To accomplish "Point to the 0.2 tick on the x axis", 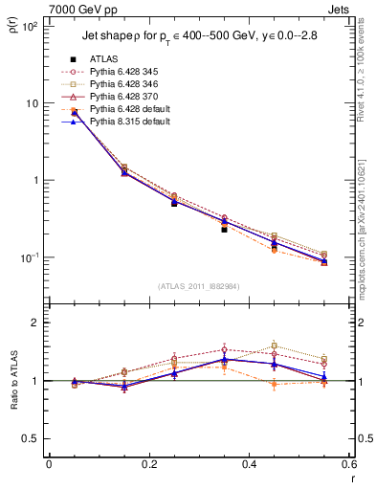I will point(148,467).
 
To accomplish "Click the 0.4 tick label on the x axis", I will point(249,467).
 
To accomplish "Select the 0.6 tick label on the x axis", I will point(349,467).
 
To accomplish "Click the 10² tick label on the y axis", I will point(31,27).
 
